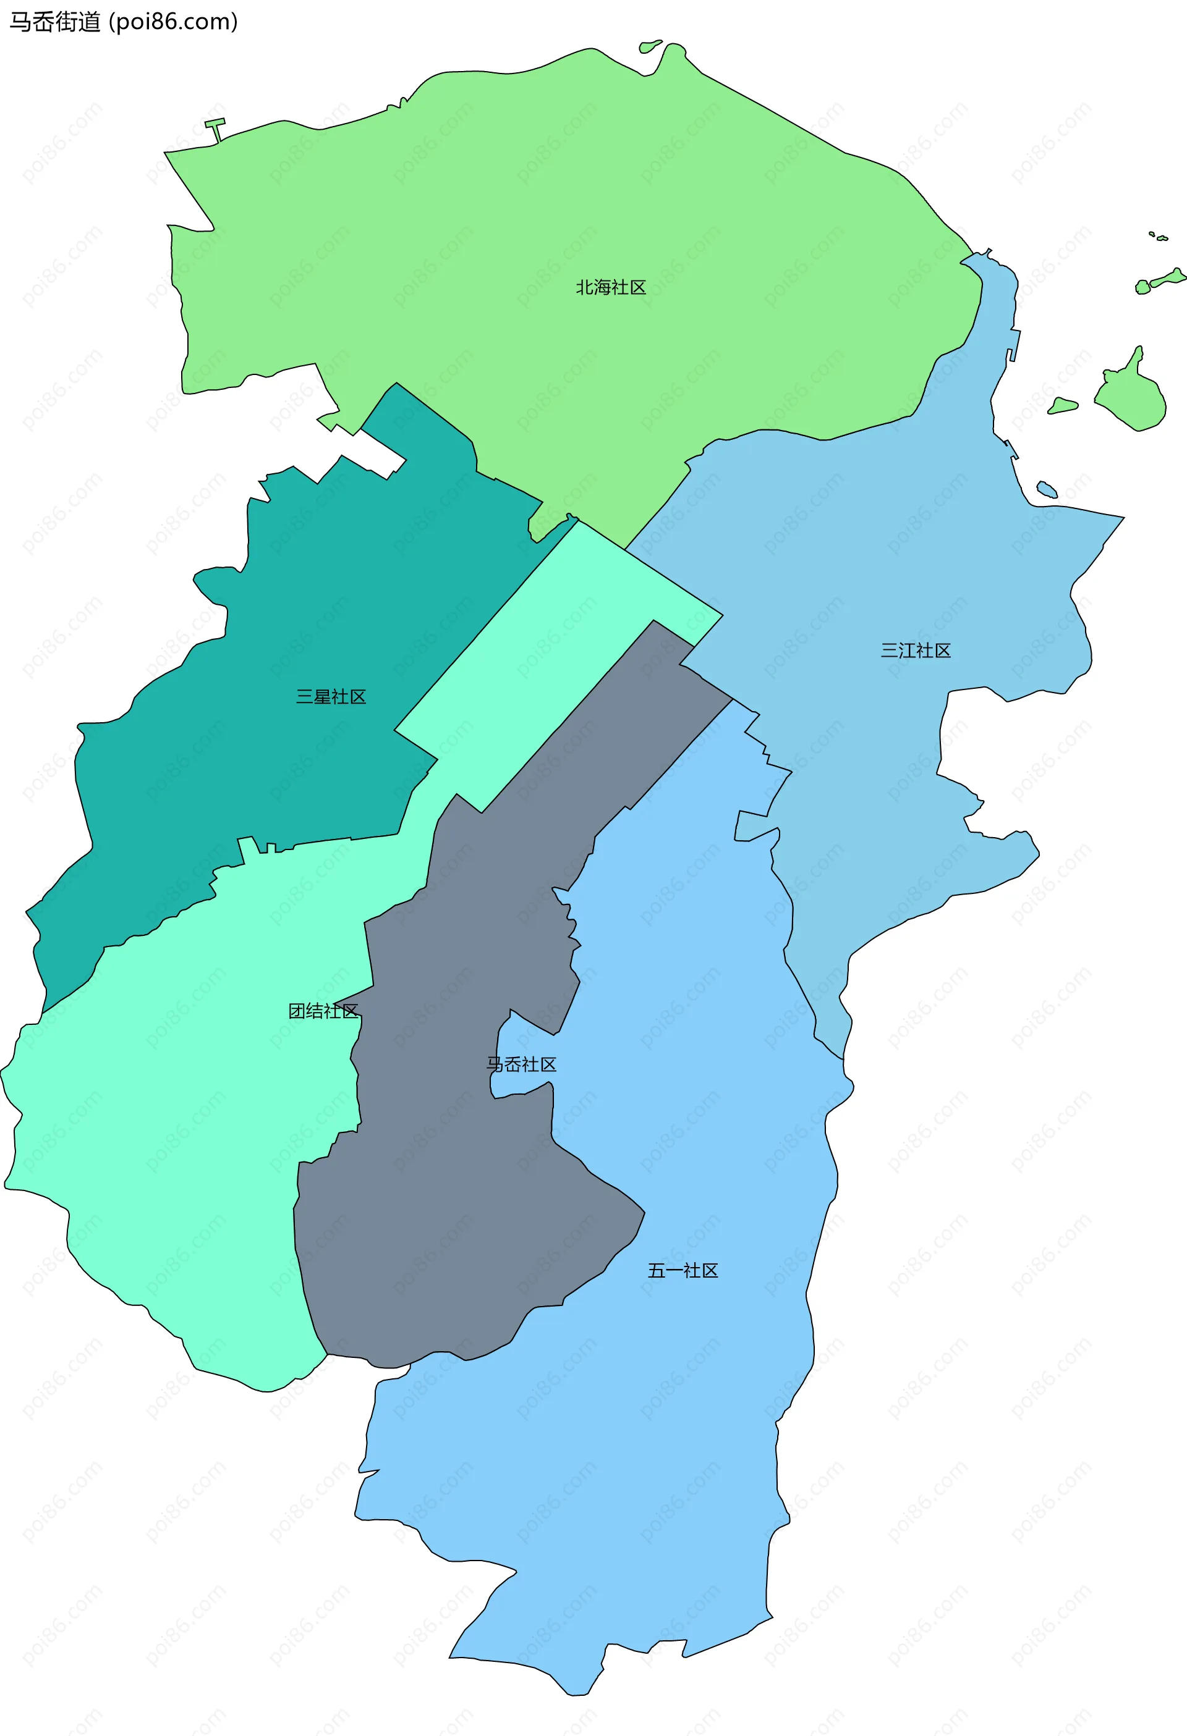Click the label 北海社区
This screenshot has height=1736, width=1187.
[x=610, y=288]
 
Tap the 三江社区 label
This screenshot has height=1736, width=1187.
[x=915, y=651]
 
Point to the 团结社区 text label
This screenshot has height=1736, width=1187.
[x=323, y=1011]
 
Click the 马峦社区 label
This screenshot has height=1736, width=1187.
[x=521, y=1064]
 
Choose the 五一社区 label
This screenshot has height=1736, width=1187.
[x=683, y=1271]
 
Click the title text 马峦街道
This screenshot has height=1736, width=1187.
[x=54, y=22]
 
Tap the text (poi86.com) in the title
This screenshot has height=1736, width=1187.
[x=174, y=22]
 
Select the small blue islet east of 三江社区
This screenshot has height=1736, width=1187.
[x=1047, y=489]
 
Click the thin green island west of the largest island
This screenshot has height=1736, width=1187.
[x=1062, y=407]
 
